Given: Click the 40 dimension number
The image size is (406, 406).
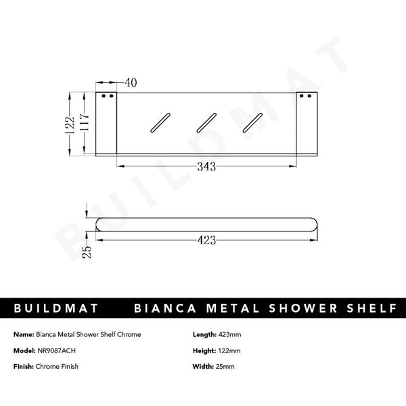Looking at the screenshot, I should point(131,83).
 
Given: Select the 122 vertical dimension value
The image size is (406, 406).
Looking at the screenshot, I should point(70,124).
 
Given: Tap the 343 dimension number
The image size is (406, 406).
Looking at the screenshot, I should point(206,167).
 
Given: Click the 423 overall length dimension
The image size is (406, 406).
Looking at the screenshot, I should point(207,239).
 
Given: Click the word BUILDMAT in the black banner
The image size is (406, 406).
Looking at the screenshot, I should point(58,309).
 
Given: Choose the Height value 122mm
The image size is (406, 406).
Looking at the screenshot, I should point(230,351).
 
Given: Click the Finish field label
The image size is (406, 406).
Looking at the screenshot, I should point(24,367).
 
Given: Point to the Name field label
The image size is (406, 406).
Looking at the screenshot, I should point(24,334).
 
